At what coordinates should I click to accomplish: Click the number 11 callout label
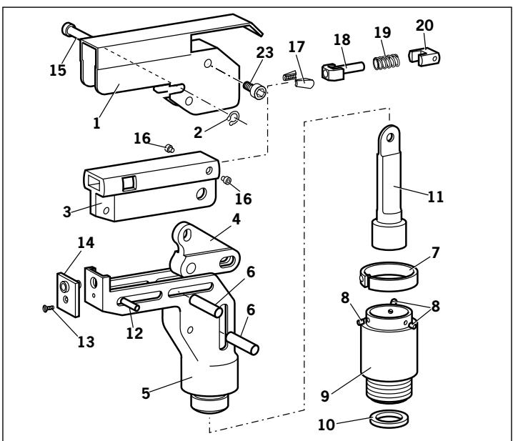tap(434, 198)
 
